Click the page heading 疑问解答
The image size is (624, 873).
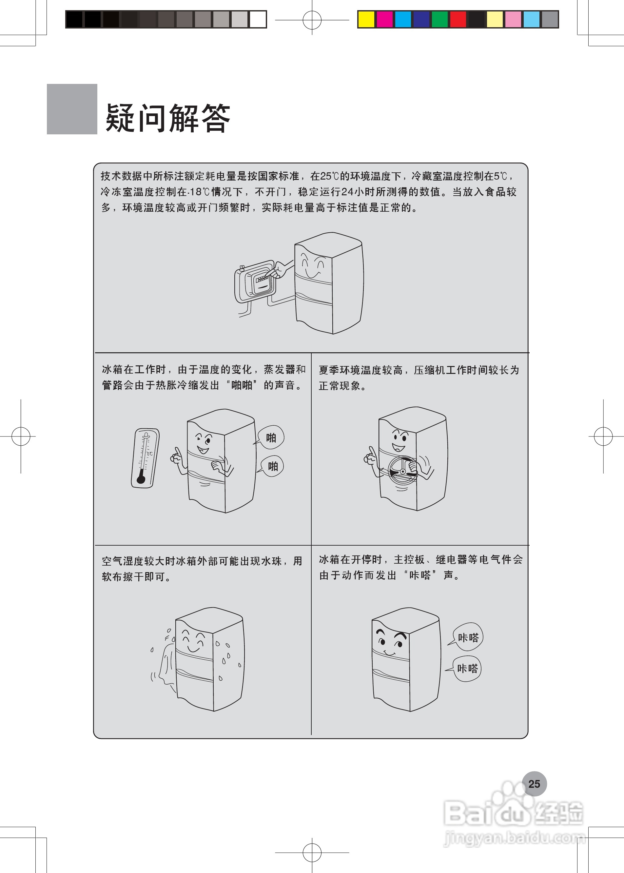tap(168, 118)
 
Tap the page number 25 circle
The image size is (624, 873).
tap(534, 784)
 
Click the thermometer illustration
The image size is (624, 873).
tap(145, 458)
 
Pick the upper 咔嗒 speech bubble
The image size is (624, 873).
tap(468, 637)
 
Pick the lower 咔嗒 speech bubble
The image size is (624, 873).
tap(467, 669)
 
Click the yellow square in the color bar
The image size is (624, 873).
tap(366, 19)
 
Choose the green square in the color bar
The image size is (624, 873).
tap(439, 19)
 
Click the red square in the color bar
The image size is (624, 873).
tap(458, 19)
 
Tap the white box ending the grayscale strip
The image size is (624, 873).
tap(258, 19)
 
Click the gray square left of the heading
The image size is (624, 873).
tap(72, 109)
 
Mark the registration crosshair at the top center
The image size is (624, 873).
tap(312, 20)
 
